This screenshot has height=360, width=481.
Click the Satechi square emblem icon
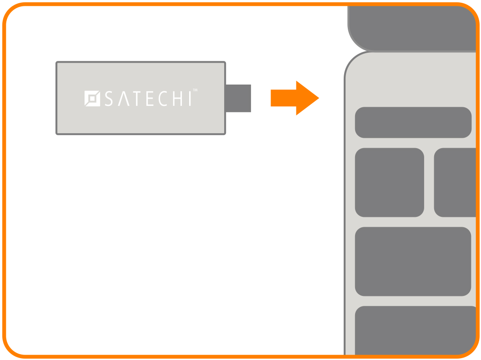coord(92,99)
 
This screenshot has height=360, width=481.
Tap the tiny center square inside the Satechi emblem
coord(92,99)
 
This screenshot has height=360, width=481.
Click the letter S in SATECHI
coord(109,99)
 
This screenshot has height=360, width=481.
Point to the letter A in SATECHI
coord(124,99)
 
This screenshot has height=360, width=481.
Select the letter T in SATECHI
coord(137,99)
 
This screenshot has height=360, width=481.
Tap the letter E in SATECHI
coord(150,99)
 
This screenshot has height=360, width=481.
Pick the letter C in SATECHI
coord(163,99)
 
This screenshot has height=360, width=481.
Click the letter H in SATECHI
coord(178,99)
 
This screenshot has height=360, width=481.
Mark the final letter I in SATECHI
coord(190,99)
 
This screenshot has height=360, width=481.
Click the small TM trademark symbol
coord(195,90)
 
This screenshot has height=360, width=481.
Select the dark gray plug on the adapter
coord(238,99)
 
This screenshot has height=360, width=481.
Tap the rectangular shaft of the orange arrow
coord(283,98)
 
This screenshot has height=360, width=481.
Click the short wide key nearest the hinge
coord(413,122)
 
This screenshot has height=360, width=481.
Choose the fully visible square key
coord(390,182)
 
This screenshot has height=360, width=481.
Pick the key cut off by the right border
coord(455,182)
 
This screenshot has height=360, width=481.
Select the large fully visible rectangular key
coord(413,261)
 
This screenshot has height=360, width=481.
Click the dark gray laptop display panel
coord(412,28)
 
